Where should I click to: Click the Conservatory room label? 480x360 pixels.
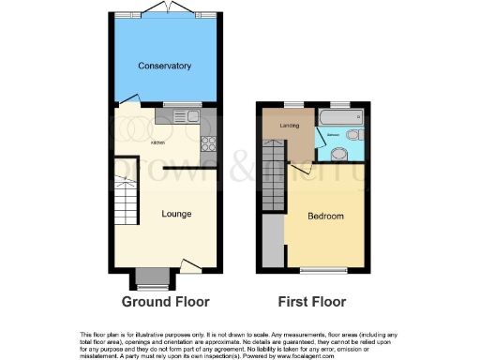[x=164, y=66]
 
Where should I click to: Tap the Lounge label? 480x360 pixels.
[x=176, y=214]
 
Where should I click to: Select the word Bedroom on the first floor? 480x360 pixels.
[x=326, y=217]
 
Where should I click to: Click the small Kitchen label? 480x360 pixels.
[x=158, y=142]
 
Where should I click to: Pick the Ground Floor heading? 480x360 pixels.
[x=166, y=302]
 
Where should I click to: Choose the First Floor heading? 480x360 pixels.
[x=312, y=302]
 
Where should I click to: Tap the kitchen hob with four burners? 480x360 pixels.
[x=208, y=144]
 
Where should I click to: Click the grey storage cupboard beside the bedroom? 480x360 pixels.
[x=273, y=241]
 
